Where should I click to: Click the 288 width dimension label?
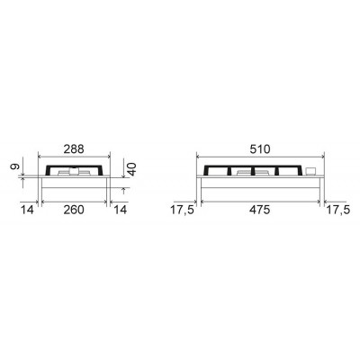point(74,149)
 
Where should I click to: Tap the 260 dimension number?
point(74,210)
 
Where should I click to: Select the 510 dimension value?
point(260,149)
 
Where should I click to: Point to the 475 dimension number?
point(260,210)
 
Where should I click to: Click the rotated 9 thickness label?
point(14,166)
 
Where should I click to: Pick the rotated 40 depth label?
point(131,168)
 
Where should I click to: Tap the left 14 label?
point(27,210)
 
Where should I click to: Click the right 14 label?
point(121,210)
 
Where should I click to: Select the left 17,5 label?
point(183,210)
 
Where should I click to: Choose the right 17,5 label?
point(338,210)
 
